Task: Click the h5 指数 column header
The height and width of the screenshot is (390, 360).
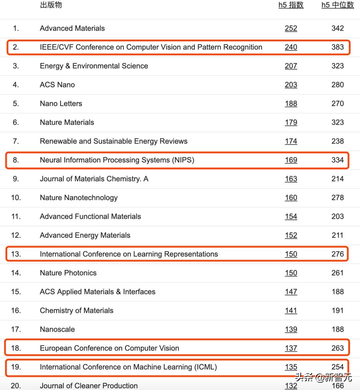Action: (291, 5)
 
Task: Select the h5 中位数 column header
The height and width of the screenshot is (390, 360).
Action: (337, 5)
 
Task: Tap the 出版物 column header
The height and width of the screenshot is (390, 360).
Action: (51, 5)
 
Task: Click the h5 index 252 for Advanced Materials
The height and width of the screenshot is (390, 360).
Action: (291, 28)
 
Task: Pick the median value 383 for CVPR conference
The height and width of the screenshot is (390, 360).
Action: (337, 47)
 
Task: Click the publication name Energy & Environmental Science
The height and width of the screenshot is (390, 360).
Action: (94, 66)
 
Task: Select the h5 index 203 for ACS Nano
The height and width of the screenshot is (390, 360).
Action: (291, 85)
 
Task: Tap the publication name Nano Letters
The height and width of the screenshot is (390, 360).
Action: (61, 103)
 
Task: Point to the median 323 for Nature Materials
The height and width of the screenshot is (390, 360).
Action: (337, 122)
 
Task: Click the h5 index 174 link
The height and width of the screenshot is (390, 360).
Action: (291, 141)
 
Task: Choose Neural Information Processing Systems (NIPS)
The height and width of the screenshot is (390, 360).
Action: (117, 160)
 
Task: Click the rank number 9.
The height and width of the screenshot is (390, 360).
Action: (16, 179)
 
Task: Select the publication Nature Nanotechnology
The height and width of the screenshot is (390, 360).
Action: (79, 198)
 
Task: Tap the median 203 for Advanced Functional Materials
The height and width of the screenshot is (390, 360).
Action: (337, 217)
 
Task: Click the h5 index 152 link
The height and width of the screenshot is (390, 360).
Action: (291, 235)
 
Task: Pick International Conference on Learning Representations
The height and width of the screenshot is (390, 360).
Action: (129, 254)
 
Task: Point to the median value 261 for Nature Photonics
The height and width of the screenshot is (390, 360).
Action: (337, 273)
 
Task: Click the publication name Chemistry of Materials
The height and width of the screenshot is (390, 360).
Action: (76, 311)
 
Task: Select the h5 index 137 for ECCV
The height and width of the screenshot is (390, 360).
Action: (291, 348)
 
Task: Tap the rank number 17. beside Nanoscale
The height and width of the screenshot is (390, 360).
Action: (16, 329)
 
